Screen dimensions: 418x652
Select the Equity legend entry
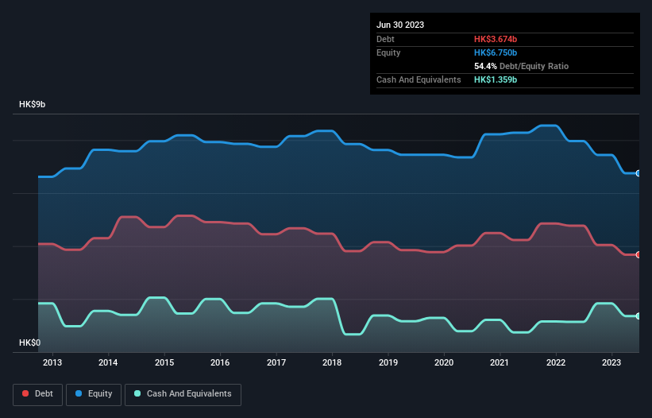pyautogui.click(x=94, y=394)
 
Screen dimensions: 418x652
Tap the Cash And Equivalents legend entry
pyautogui.click(x=183, y=394)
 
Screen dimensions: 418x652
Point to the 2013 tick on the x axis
pyautogui.click(x=52, y=363)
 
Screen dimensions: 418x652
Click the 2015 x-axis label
pyautogui.click(x=164, y=363)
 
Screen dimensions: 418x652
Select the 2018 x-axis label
pyautogui.click(x=332, y=363)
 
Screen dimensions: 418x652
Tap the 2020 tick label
pyautogui.click(x=444, y=363)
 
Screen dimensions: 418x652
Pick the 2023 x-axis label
pyautogui.click(x=611, y=363)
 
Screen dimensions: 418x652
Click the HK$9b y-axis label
pyautogui.click(x=33, y=105)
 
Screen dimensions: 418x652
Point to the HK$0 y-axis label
pyautogui.click(x=29, y=343)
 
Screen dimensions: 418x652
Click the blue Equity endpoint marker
pyautogui.click(x=638, y=173)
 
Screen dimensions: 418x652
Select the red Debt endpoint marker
pyautogui.click(x=638, y=254)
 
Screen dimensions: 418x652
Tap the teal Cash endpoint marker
pyautogui.click(x=638, y=316)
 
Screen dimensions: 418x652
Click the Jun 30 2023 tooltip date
pyautogui.click(x=400, y=25)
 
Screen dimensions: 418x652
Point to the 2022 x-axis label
pyautogui.click(x=556, y=363)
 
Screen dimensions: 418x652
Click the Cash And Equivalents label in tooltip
pyautogui.click(x=419, y=80)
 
